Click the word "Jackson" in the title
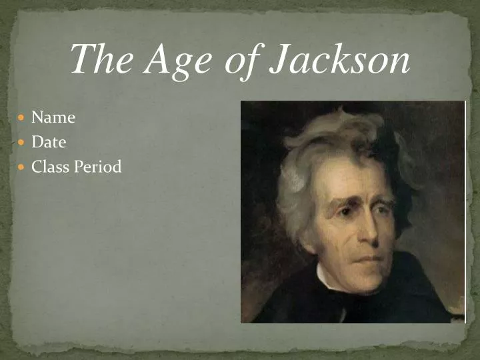(340, 60)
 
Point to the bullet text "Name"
(53, 117)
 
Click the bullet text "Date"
(49, 142)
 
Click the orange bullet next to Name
(21, 118)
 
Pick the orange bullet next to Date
(21, 143)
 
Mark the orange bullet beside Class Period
(21, 167)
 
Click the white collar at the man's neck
(327, 280)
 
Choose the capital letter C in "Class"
(37, 167)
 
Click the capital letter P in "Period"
(78, 167)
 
